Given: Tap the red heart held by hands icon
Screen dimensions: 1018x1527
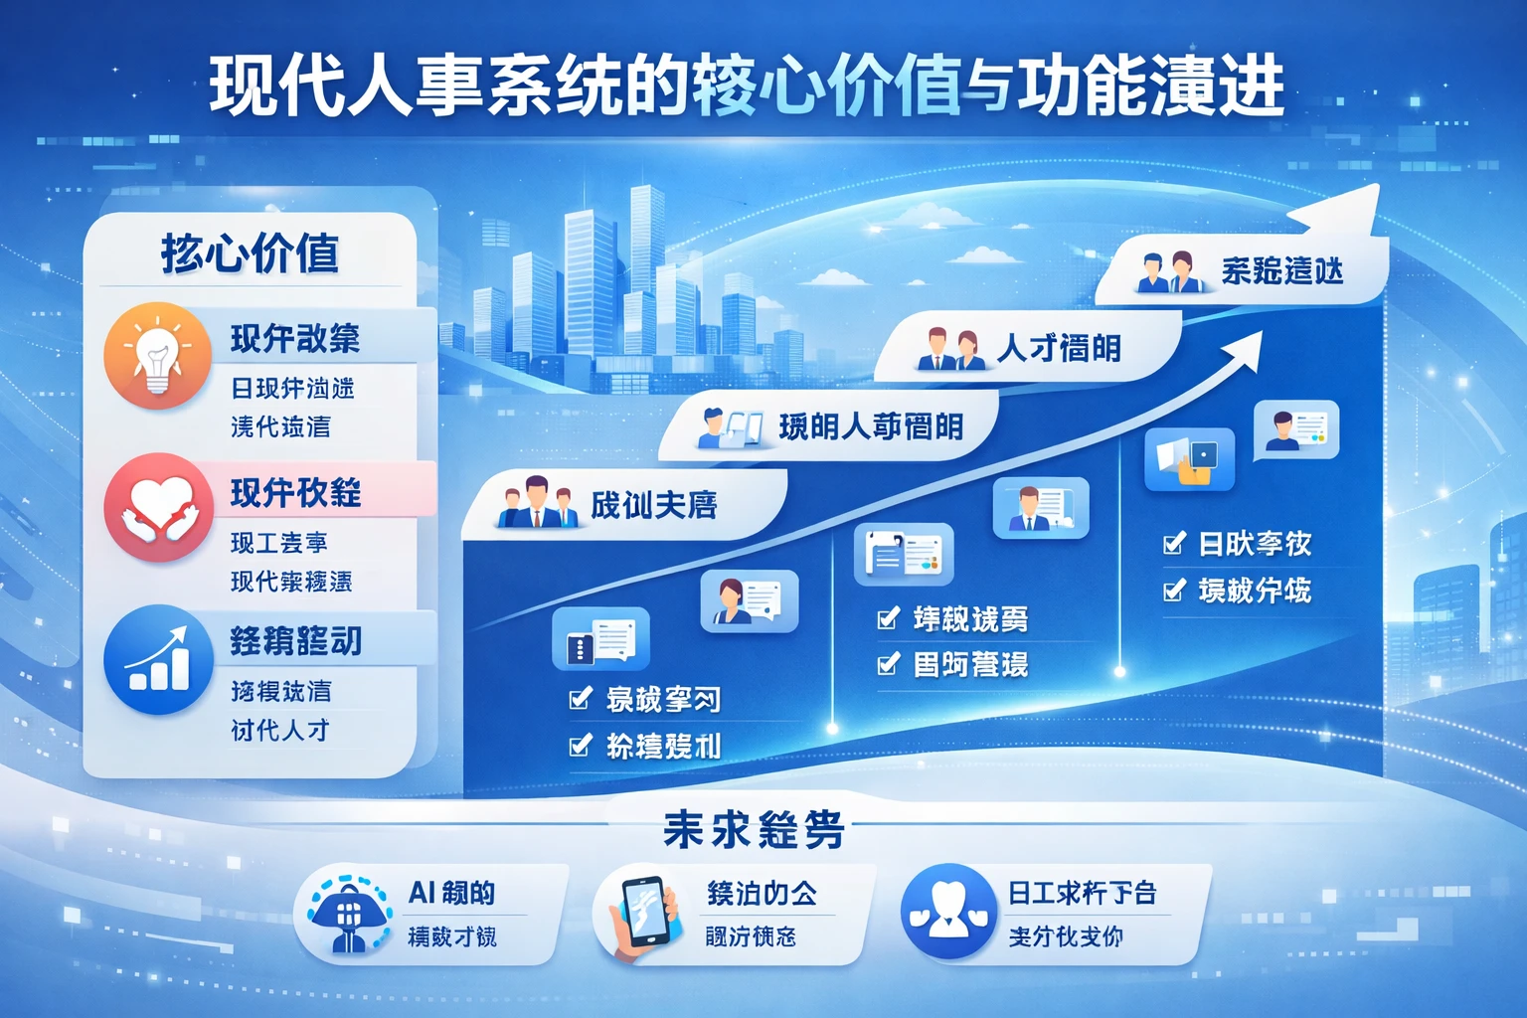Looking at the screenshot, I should coord(158,507).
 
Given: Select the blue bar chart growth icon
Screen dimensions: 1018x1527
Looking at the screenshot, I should coord(158,658).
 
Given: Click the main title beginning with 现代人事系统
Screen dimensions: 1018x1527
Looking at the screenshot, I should coord(746,87).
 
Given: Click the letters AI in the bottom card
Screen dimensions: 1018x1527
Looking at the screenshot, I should coord(423,893).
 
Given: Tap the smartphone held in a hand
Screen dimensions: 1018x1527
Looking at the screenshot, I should coord(644,912).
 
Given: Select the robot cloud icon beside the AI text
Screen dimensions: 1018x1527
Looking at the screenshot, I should coord(348,914).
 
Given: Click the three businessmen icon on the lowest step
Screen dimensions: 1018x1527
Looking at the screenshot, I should coord(536,503).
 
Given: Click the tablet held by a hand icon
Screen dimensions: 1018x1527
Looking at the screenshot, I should coord(1189,459).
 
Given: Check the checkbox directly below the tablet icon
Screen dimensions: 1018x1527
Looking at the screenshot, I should coord(1174,544).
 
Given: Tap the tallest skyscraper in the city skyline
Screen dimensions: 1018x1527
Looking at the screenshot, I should coord(646,268).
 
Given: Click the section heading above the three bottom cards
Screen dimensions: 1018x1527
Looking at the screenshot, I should coord(753,829).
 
